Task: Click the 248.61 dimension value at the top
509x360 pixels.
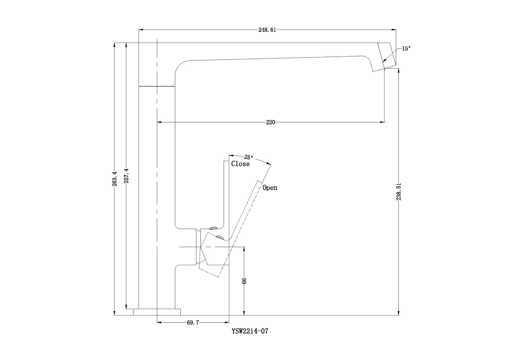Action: pyautogui.click(x=267, y=30)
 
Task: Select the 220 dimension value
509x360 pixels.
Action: pyautogui.click(x=270, y=123)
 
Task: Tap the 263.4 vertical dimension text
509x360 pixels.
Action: pyautogui.click(x=115, y=179)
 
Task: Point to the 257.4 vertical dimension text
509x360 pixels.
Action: pyautogui.click(x=127, y=176)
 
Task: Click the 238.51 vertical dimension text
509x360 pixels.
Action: pyautogui.click(x=399, y=192)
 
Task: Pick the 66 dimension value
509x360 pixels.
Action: pyautogui.click(x=244, y=281)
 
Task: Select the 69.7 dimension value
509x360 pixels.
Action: pyautogui.click(x=193, y=322)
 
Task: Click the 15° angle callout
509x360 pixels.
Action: pyautogui.click(x=406, y=49)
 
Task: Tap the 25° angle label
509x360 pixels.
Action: pyautogui.click(x=249, y=157)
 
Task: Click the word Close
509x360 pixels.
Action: pyautogui.click(x=240, y=164)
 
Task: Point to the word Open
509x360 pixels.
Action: pyautogui.click(x=270, y=188)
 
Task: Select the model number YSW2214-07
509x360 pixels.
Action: pyautogui.click(x=250, y=331)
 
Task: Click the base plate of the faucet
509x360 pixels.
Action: pyautogui.click(x=157, y=312)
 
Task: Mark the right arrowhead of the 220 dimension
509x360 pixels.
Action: pyautogui.click(x=382, y=122)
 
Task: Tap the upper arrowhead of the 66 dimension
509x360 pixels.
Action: pyautogui.click(x=244, y=249)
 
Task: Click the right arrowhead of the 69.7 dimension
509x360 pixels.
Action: pyautogui.click(x=227, y=322)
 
